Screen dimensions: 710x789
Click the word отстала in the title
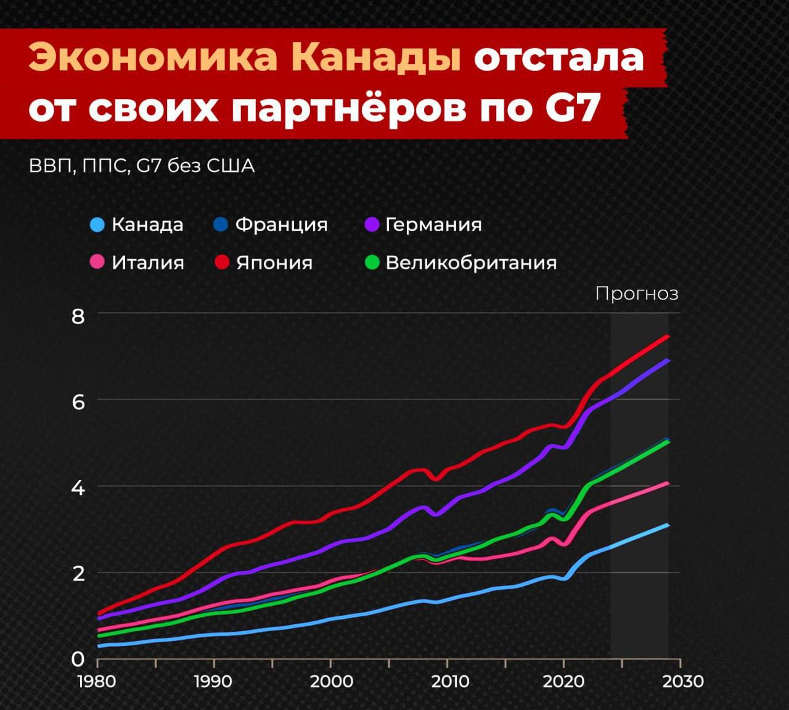click(x=559, y=59)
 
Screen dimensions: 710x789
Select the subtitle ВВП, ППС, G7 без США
click(x=142, y=166)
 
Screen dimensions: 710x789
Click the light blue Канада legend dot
click(x=97, y=224)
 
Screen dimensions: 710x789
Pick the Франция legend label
click(x=281, y=224)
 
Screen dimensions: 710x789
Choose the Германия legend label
click(x=433, y=224)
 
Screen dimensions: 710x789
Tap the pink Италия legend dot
click(x=97, y=263)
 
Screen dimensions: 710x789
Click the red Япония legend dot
click(x=222, y=263)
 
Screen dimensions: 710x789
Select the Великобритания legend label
click(x=471, y=263)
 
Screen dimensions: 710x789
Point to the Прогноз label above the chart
click(x=637, y=293)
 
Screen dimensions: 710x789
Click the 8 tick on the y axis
click(x=78, y=316)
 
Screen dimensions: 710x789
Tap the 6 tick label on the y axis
click(x=78, y=402)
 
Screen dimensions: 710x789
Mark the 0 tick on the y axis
click(x=78, y=659)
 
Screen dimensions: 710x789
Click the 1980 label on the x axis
click(x=97, y=681)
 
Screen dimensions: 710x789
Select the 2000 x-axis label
click(x=331, y=681)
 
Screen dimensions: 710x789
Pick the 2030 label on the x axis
click(x=680, y=681)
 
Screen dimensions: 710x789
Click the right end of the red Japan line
click(x=668, y=337)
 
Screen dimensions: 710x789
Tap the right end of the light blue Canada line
click(x=668, y=525)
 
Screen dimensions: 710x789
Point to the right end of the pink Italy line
click(x=668, y=483)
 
